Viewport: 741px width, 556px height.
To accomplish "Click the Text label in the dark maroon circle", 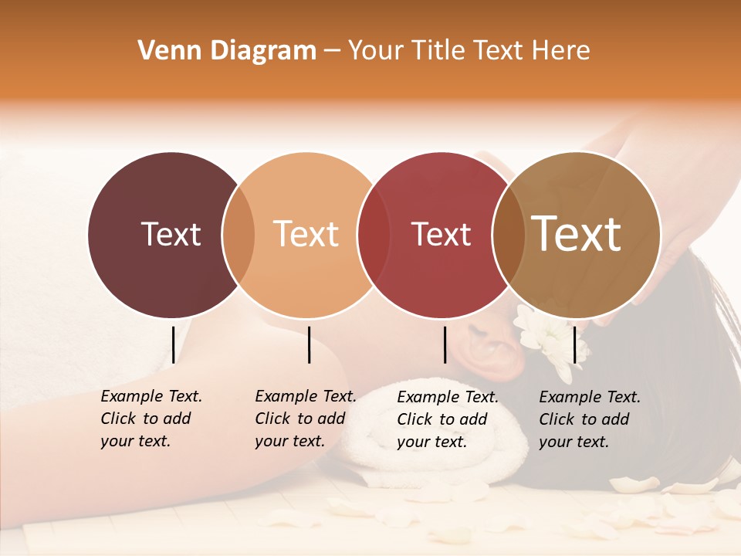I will click(171, 234).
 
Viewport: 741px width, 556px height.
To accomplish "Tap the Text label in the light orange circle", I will click(306, 234).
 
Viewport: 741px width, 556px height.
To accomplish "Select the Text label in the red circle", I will click(441, 234).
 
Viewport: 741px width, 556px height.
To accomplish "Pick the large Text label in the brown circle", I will click(577, 234).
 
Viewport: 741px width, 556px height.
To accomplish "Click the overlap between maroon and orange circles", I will click(239, 235).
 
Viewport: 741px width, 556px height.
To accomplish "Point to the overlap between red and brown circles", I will click(509, 235).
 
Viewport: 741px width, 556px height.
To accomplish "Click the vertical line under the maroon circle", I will click(173, 344).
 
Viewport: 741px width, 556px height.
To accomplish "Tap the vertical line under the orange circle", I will click(309, 344).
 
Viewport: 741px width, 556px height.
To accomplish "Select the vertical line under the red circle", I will click(445, 344).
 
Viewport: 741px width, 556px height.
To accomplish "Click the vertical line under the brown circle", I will click(575, 344).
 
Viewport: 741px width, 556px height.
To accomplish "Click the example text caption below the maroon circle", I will click(151, 419).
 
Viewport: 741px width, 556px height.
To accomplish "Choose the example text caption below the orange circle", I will click(305, 419).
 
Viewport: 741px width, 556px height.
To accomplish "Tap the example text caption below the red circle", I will click(447, 419).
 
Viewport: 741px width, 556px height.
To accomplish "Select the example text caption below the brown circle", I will click(589, 419).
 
